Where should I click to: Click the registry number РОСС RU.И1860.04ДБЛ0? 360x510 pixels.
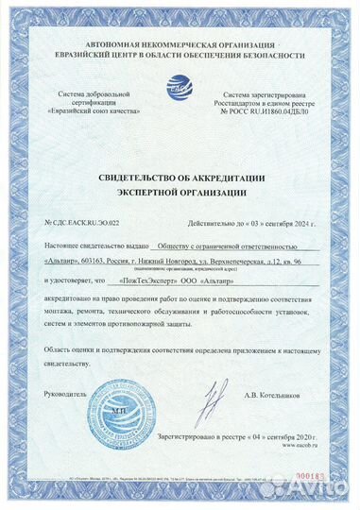coord(275,110)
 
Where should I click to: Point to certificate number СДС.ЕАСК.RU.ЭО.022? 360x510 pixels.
coord(83,222)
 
